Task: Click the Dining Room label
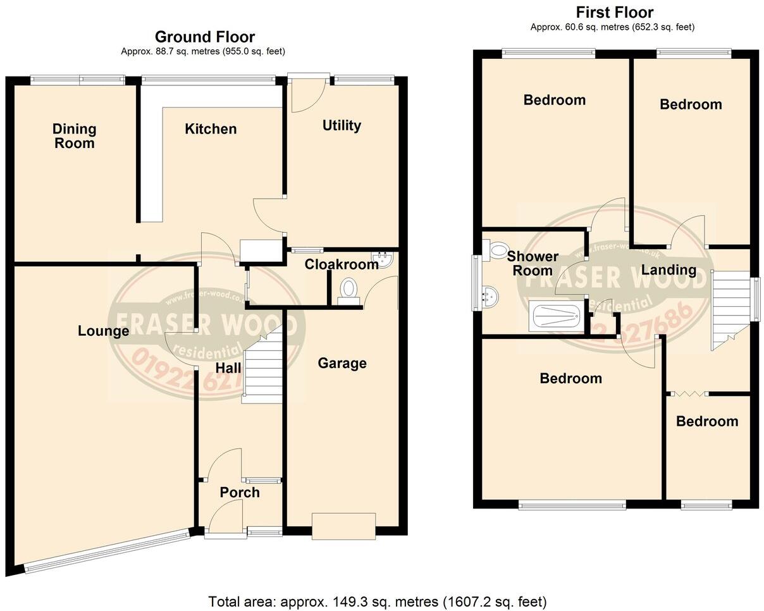74,136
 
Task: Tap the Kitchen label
211,129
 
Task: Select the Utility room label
342,125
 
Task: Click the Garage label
342,363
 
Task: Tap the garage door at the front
343,526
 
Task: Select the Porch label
240,492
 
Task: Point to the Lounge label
104,331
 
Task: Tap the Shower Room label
533,264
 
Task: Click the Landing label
668,270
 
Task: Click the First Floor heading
614,12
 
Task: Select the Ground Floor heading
204,37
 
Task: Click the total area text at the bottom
378,601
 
